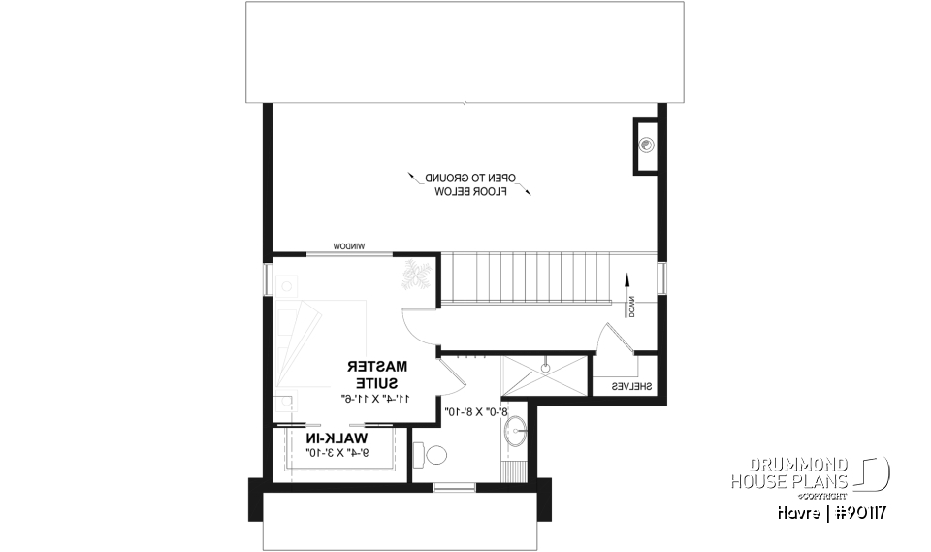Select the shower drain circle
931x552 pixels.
click(x=546, y=369)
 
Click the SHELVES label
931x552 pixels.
click(x=630, y=386)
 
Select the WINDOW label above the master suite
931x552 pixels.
click(x=350, y=246)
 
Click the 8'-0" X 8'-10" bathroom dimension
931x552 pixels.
click(x=479, y=411)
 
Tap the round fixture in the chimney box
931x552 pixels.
click(x=648, y=146)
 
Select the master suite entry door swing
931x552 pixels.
click(x=418, y=326)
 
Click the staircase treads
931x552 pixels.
click(x=525, y=276)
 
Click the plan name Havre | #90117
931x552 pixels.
click(x=835, y=511)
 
